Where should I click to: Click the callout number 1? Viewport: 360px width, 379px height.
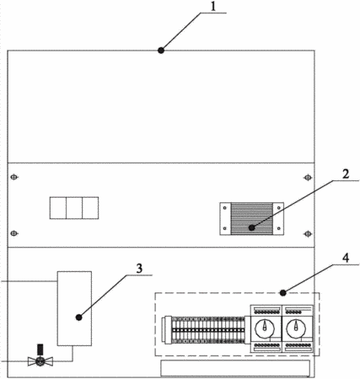[x=213, y=7]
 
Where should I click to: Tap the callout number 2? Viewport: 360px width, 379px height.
[x=346, y=173]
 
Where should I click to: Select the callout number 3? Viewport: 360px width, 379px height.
[x=139, y=269]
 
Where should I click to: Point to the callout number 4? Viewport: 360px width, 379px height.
[x=346, y=258]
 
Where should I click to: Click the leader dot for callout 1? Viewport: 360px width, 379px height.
[x=161, y=51]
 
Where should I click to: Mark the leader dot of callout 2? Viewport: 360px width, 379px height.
[x=252, y=228]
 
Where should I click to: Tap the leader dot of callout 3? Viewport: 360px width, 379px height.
[x=79, y=318]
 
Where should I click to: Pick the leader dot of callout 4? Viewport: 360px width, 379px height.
[x=283, y=293]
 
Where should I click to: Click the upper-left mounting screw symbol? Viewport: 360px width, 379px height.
[x=14, y=177]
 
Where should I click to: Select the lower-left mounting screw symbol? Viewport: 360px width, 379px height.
[x=14, y=233]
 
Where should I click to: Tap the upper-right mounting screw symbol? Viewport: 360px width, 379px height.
[x=308, y=178]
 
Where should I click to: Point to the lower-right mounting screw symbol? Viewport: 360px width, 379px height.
[x=308, y=233]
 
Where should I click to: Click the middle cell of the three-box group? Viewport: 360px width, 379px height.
[x=74, y=208]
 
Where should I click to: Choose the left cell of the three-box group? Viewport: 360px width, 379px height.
[x=58, y=208]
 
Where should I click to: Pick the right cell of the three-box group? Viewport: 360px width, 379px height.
[x=90, y=208]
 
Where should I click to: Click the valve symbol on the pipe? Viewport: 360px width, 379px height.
[x=40, y=361]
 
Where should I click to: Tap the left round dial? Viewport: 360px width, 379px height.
[x=265, y=328]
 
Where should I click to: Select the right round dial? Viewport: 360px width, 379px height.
[x=296, y=328]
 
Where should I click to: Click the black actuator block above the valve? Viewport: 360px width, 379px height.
[x=40, y=350]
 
